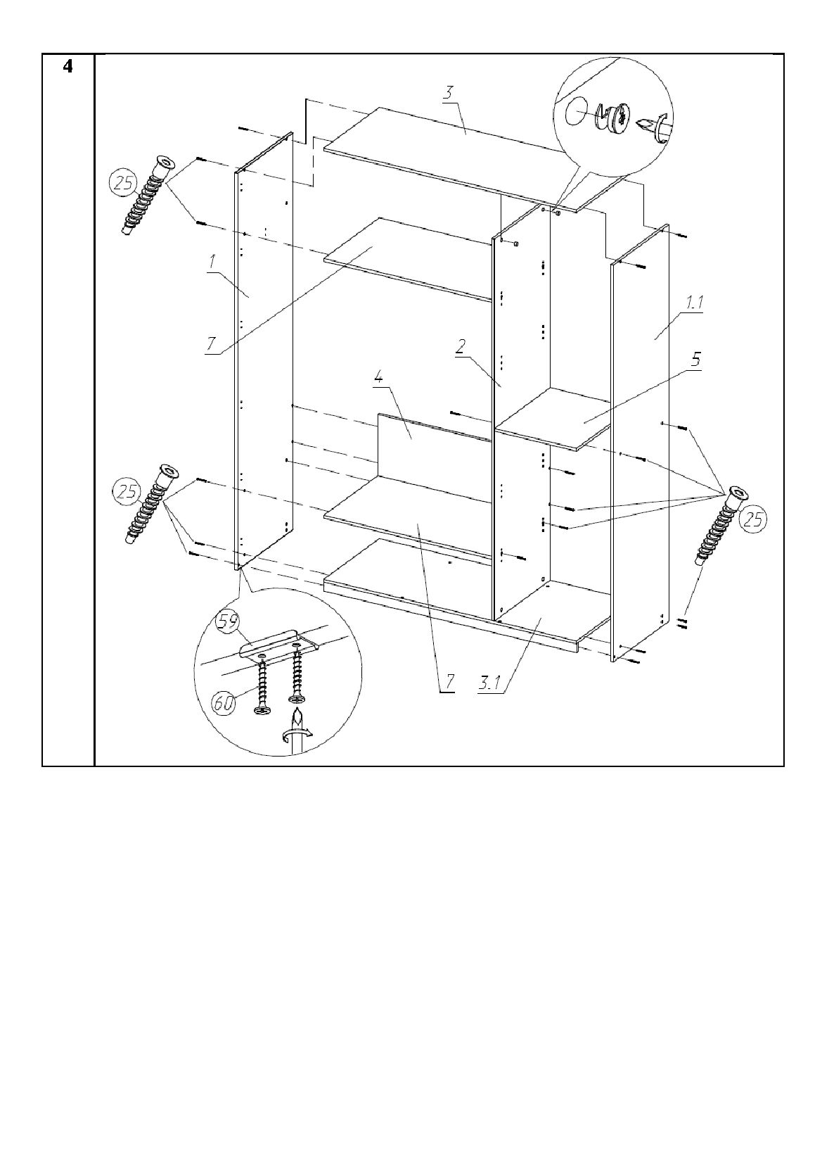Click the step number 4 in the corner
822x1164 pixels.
pos(68,67)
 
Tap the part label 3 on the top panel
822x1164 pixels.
pos(448,92)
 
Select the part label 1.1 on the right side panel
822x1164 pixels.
pos(694,303)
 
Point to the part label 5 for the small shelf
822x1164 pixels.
pos(696,359)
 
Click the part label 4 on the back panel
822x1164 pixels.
pos(378,379)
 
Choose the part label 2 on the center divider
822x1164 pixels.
pos(461,347)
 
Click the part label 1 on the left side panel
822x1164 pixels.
pos(212,262)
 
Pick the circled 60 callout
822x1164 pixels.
pos(224,704)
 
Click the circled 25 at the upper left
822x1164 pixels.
pos(123,185)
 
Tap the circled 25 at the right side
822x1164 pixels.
pos(752,519)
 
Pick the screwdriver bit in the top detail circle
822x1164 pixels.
pos(653,126)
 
